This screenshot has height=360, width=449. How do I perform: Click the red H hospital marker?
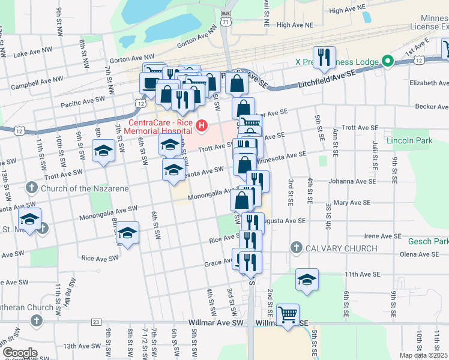click(x=202, y=126)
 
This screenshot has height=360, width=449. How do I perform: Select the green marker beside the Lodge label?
click(x=388, y=61)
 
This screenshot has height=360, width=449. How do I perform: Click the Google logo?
click(x=19, y=353)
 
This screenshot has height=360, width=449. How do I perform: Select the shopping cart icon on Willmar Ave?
click(x=288, y=313)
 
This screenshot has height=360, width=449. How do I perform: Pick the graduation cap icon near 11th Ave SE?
click(x=307, y=280)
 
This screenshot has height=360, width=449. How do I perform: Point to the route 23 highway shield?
click(x=96, y=322)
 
